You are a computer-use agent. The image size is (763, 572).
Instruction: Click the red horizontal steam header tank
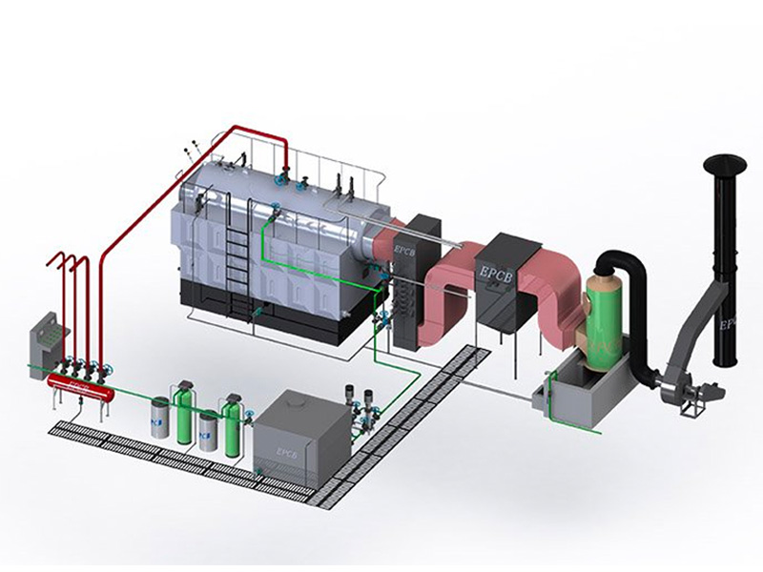81,384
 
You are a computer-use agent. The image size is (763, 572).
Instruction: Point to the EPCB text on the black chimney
730,324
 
